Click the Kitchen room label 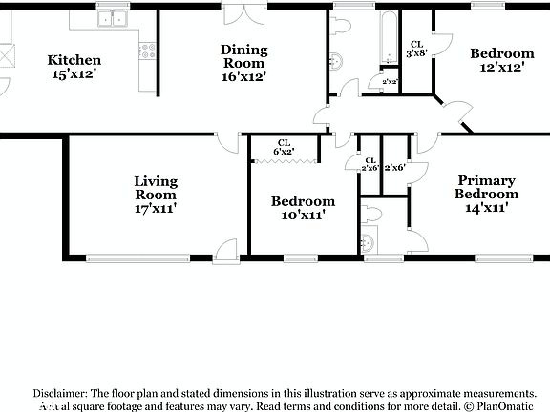coord(74,60)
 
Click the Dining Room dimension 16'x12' coord(243,75)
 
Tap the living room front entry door coord(226,251)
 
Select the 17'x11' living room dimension coord(155,207)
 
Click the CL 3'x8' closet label coord(416,50)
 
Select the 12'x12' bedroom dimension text coord(501,69)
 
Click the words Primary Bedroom coord(486,187)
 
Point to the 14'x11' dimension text coord(486,207)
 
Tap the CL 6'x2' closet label coord(285,146)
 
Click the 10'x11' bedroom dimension coord(303,216)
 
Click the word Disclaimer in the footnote coord(59,392)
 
